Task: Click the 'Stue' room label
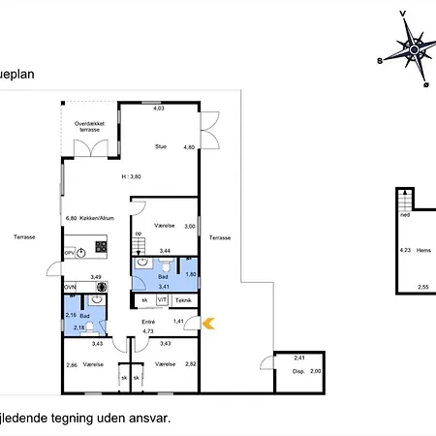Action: point(161,146)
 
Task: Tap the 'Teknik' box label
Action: point(182,301)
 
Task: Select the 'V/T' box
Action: point(161,301)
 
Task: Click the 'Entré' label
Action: point(148,322)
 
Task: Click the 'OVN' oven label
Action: point(70,287)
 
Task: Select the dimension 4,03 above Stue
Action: point(159,109)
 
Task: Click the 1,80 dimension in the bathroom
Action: point(190,274)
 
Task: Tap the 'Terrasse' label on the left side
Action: point(25,236)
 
